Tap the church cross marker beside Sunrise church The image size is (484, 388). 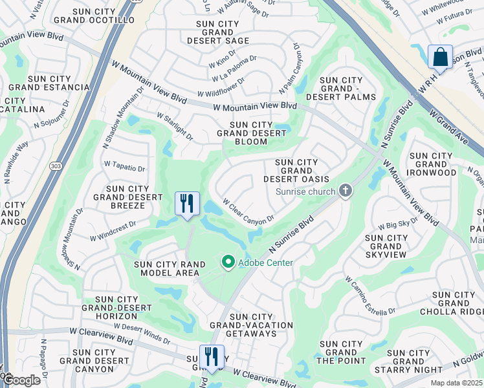click(x=346, y=191)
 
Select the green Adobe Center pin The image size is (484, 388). click(x=228, y=263)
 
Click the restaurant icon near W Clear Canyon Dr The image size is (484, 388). click(x=187, y=204)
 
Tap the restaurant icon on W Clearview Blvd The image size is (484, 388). click(x=212, y=356)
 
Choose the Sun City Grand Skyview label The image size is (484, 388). click(x=386, y=246)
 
